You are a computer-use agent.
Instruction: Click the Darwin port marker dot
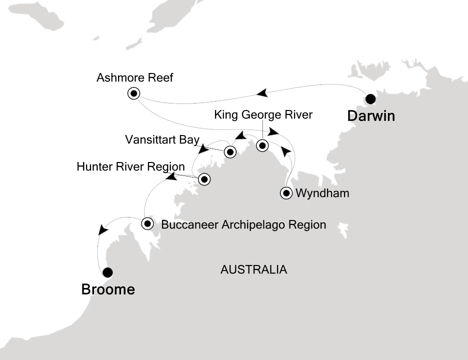click(370, 98)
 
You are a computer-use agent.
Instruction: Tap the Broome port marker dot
click(107, 272)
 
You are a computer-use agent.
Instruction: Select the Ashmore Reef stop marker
click(133, 93)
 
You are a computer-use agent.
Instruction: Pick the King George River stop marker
click(262, 146)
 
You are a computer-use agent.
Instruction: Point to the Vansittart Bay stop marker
click(230, 151)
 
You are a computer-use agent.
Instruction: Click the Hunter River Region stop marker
click(203, 179)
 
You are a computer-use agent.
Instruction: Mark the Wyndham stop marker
click(286, 193)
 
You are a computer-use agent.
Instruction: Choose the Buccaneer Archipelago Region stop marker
click(147, 223)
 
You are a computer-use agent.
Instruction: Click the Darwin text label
click(371, 117)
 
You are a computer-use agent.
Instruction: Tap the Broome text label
click(108, 289)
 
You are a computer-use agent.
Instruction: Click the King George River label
click(263, 115)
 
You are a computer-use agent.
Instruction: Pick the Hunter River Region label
click(131, 166)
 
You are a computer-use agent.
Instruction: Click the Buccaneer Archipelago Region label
click(243, 225)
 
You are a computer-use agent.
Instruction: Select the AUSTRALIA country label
click(254, 270)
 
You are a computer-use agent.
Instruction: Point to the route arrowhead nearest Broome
click(103, 229)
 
